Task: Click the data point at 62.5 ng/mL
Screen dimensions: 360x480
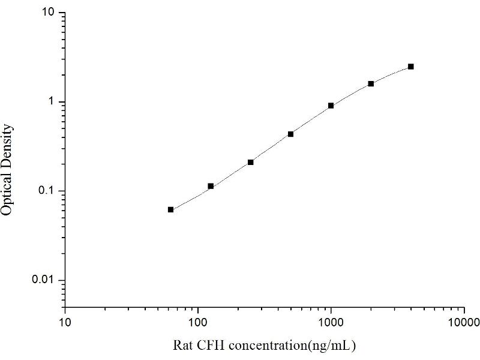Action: click(x=171, y=209)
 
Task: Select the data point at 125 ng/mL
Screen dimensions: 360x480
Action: click(x=211, y=186)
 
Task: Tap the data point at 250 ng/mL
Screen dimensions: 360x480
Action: click(x=251, y=162)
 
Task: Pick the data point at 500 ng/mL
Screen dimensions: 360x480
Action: click(x=291, y=134)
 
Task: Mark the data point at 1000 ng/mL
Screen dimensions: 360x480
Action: click(x=331, y=106)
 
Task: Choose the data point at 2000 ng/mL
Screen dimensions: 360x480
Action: click(x=371, y=83)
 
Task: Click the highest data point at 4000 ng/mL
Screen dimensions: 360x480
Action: click(x=411, y=67)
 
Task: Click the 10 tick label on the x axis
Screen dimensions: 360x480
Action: click(x=65, y=323)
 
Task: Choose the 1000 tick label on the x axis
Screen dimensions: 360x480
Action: click(x=331, y=323)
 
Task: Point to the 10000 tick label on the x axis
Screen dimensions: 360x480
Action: click(x=463, y=323)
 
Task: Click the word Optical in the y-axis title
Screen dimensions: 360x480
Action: click(x=8, y=194)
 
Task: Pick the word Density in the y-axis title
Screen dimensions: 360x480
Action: click(x=8, y=146)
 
